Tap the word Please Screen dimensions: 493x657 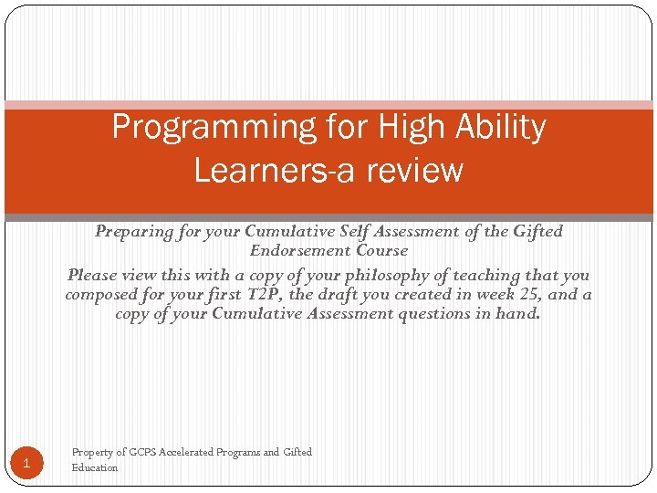click(x=93, y=275)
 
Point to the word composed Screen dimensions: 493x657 click(x=101, y=295)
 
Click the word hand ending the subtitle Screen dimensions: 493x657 click(x=519, y=314)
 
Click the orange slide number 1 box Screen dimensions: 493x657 click(x=27, y=464)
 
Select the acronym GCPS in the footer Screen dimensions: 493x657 click(x=142, y=452)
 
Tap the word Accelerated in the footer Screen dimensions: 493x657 click(x=187, y=452)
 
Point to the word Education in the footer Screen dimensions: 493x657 click(x=95, y=467)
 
